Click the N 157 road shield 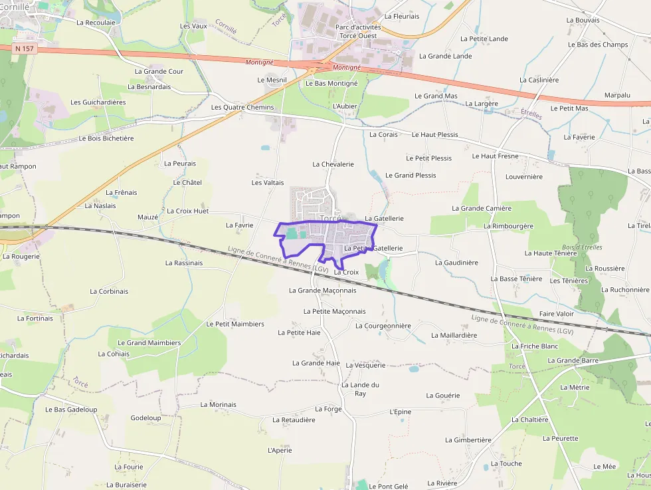pos(23,49)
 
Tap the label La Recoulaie pos(96,22)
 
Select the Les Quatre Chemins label pos(242,107)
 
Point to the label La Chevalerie pos(333,164)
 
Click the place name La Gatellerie pos(384,218)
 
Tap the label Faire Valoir pos(556,314)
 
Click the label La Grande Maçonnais pos(322,291)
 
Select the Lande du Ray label pos(360,389)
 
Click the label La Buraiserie pos(126,485)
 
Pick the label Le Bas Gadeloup pos(71,410)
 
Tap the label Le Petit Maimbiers pos(235,324)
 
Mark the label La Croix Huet pos(187,211)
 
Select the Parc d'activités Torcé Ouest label pos(359,31)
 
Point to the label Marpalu pos(617,95)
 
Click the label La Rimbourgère pos(508,226)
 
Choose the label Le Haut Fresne pos(495,156)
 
